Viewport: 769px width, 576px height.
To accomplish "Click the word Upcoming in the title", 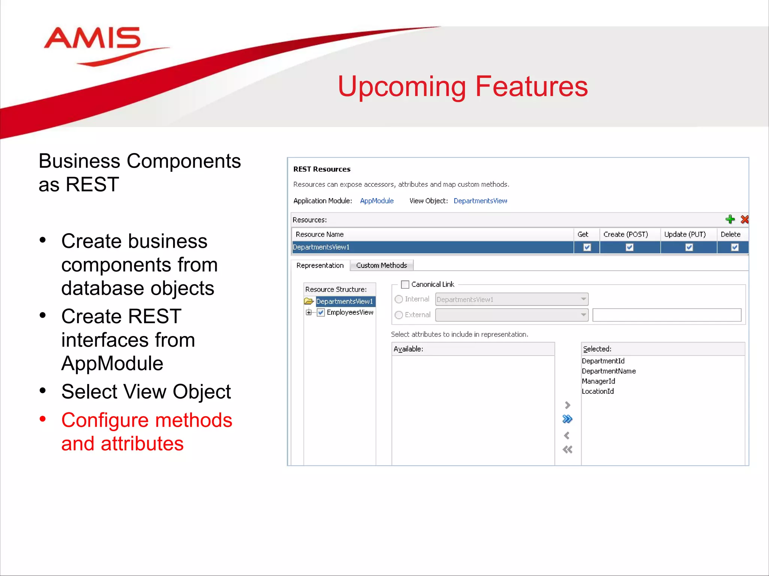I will pos(401,87).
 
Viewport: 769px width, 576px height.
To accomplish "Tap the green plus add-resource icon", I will pos(730,219).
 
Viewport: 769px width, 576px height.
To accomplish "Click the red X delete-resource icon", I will pos(744,219).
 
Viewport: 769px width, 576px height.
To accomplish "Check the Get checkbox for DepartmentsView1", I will pos(587,247).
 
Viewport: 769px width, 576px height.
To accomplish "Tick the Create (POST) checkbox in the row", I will pos(630,247).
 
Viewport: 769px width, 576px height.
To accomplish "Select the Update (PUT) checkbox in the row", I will pos(689,247).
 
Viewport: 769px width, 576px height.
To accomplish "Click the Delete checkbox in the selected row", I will pos(735,247).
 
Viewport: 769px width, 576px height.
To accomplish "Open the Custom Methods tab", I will pos(381,265).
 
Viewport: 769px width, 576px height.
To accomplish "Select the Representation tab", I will pos(320,265).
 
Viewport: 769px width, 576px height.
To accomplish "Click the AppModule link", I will pos(377,201).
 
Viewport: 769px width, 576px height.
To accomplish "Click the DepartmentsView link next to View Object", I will pos(480,201).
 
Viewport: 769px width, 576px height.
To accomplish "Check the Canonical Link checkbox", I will pos(405,285).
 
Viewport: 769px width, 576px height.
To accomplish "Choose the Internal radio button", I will pos(399,299).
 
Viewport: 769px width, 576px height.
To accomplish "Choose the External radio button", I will pos(399,315).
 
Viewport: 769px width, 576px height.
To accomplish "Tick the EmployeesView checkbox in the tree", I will pos(321,312).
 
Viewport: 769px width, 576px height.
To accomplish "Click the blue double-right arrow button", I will pos(567,419).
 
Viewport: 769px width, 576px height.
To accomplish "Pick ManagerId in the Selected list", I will pos(599,381).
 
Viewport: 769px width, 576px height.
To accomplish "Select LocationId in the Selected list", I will pos(598,391).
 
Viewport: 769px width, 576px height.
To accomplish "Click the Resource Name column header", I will pos(320,234).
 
